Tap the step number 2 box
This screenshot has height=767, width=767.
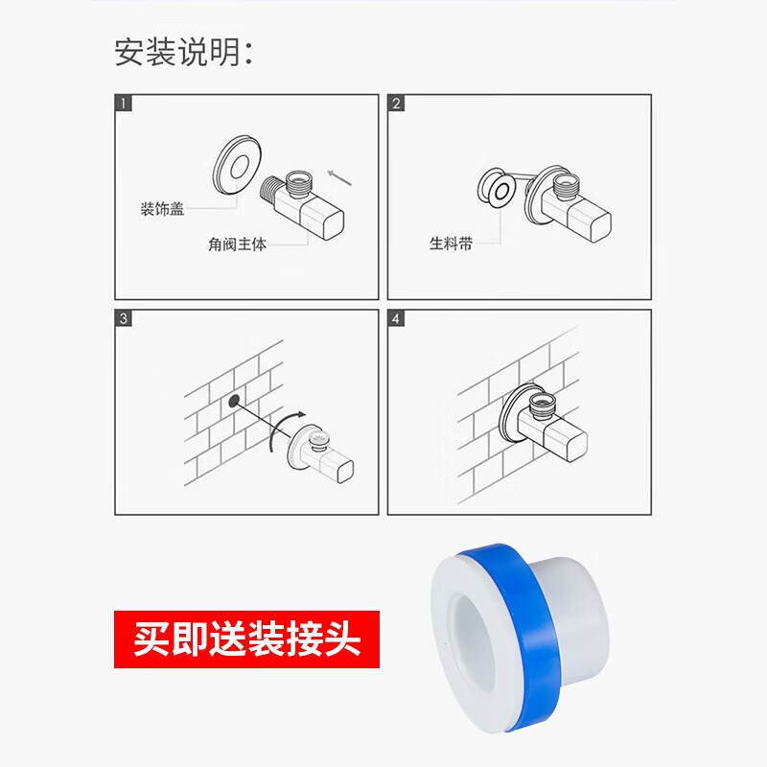[397, 104]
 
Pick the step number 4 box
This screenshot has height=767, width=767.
[397, 319]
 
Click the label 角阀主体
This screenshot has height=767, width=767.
[236, 244]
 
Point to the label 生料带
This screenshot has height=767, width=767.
[451, 244]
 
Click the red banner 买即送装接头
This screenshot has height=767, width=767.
[246, 639]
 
